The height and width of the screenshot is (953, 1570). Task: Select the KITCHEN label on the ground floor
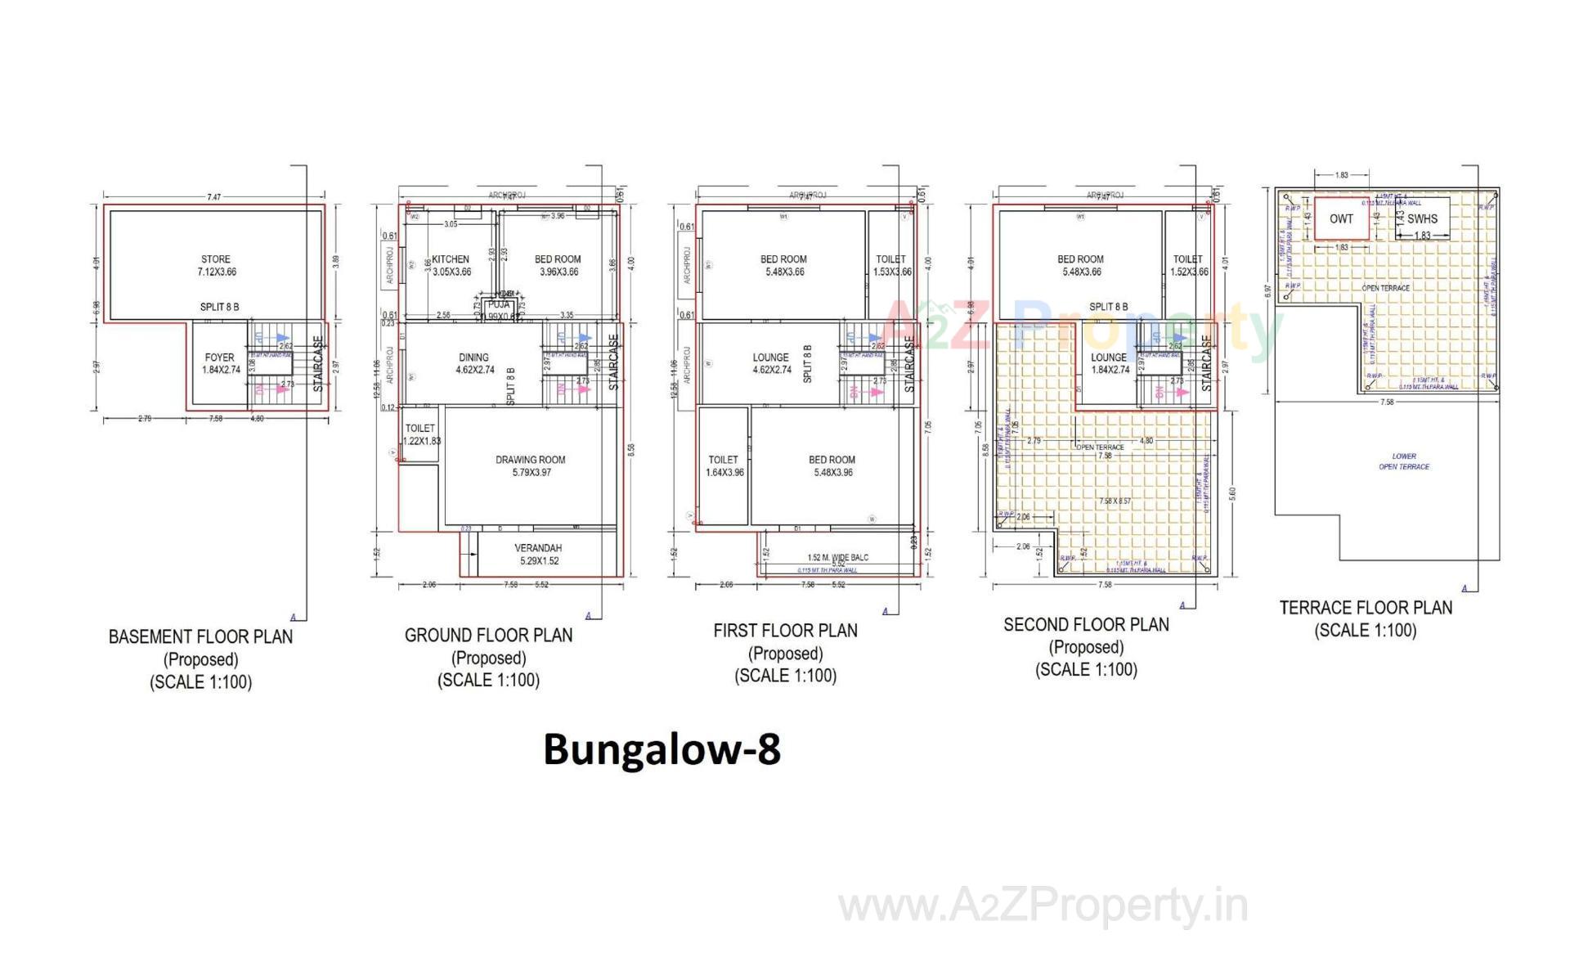451,259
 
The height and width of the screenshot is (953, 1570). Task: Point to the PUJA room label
499,304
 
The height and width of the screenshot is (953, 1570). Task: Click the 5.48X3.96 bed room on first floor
832,465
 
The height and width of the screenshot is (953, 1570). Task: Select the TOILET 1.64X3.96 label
724,465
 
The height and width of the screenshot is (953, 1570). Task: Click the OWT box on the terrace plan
1341,218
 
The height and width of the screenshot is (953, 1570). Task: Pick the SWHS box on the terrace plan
1422,218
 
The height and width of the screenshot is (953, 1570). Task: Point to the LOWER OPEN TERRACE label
1404,461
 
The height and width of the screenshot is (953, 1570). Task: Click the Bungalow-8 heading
662,749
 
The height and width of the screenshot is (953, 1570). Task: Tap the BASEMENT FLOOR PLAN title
200,636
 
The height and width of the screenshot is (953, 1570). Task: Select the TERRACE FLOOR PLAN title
1366,608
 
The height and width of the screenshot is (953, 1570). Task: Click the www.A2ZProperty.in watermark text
1043,906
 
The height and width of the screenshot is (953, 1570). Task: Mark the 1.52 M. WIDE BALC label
838,557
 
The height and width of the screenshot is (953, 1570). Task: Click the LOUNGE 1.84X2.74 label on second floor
1110,363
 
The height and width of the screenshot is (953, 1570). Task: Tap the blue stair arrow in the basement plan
280,337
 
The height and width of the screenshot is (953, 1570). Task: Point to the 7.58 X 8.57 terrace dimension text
1115,501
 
